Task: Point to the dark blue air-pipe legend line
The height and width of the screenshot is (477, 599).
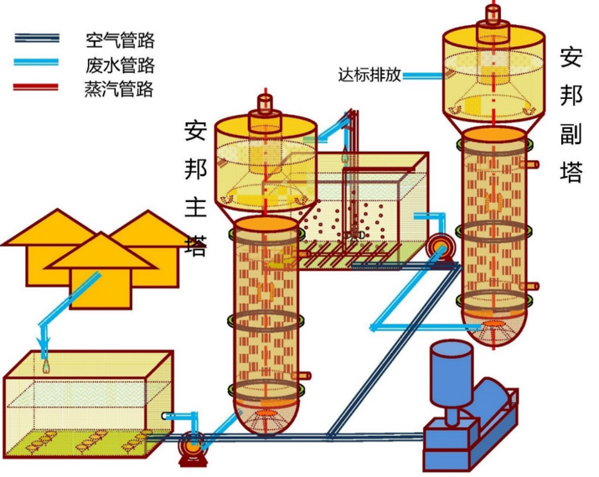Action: tap(37, 39)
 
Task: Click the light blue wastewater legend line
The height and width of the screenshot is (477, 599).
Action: tap(37, 62)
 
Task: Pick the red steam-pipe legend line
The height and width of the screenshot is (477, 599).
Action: tap(37, 86)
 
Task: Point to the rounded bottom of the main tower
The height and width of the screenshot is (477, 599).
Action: tap(266, 414)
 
